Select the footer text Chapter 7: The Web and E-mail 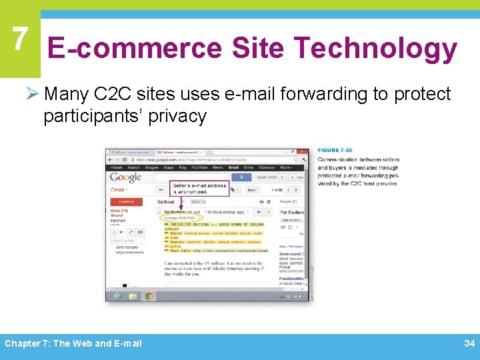coord(73,343)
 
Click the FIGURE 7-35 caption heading coord(337,151)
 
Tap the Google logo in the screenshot coord(125,177)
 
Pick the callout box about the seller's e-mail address coord(199,188)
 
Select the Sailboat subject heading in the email coord(166,201)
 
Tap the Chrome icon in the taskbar coord(148,295)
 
